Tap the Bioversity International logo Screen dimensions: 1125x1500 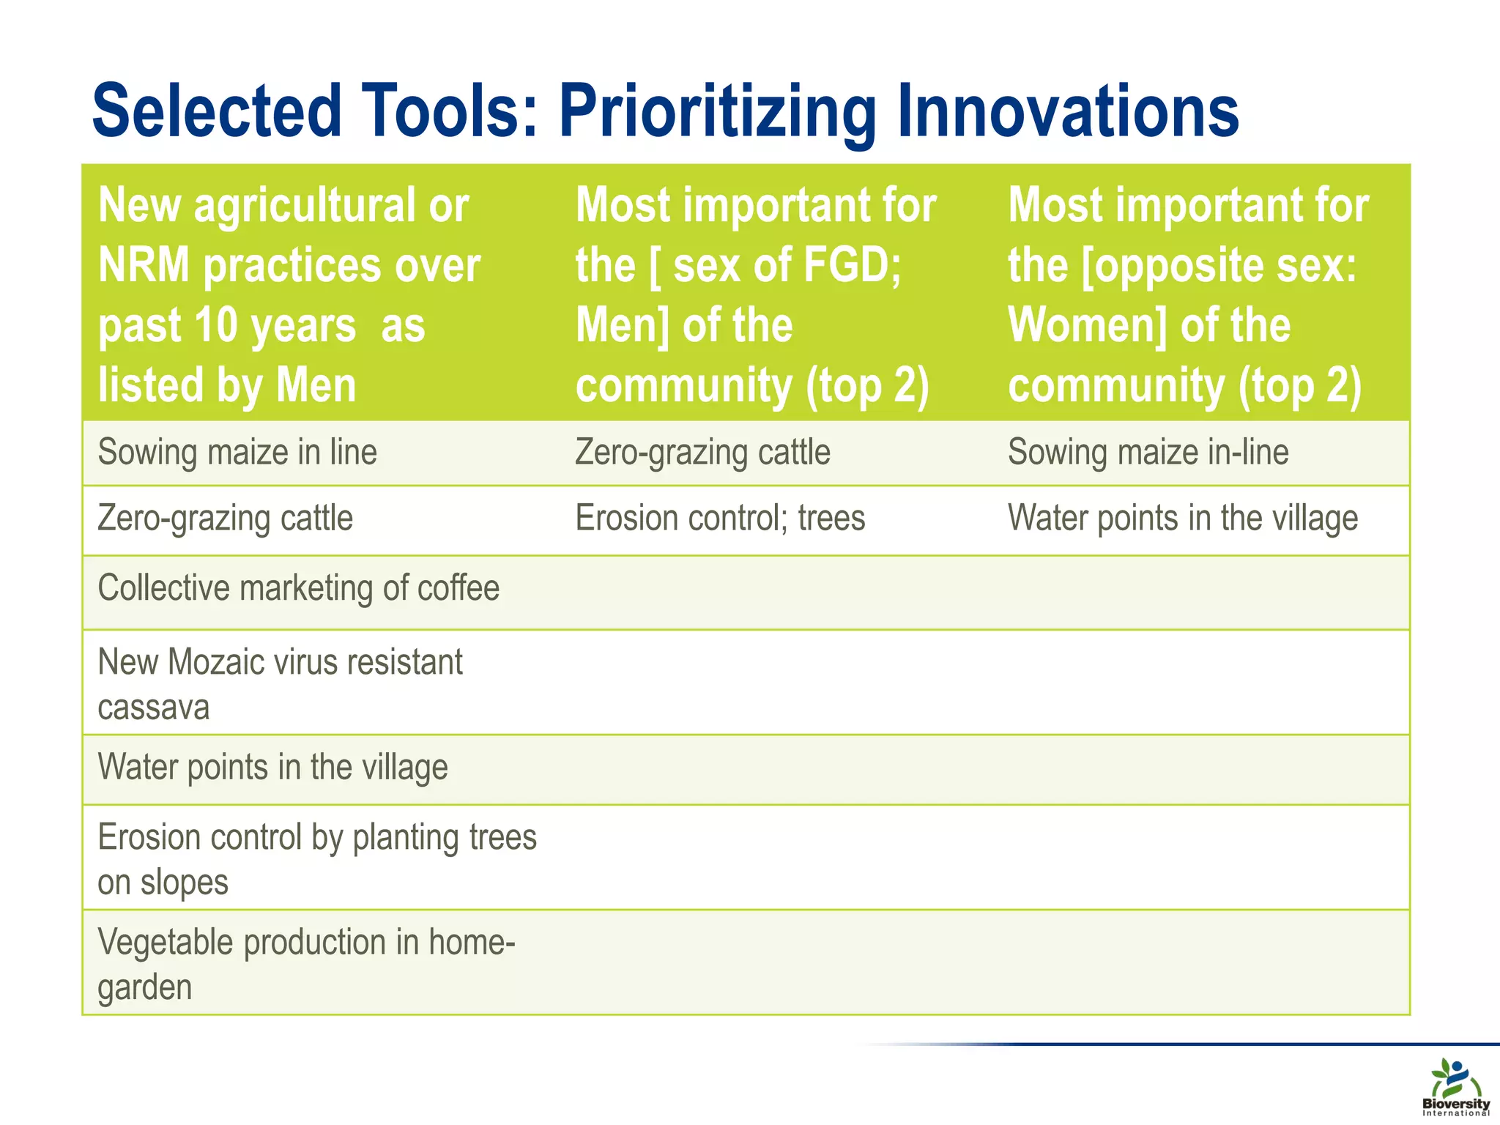pos(1455,1087)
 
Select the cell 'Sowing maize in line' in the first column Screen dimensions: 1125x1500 pos(237,452)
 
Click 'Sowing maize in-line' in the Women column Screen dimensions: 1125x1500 pos(1148,452)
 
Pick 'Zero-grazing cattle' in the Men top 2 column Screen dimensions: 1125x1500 pos(702,452)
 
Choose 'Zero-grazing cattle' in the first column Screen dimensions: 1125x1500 pos(225,519)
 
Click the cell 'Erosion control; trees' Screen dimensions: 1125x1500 pos(720,519)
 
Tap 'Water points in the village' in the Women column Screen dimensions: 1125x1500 pos(1182,519)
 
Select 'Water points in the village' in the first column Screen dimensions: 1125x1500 pos(272,768)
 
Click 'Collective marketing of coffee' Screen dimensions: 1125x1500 pos(298,588)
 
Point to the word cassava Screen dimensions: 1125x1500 pos(153,708)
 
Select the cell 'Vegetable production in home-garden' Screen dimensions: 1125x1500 pos(306,963)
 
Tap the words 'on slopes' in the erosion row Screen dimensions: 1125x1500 pos(163,883)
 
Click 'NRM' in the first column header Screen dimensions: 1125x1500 pos(144,265)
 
